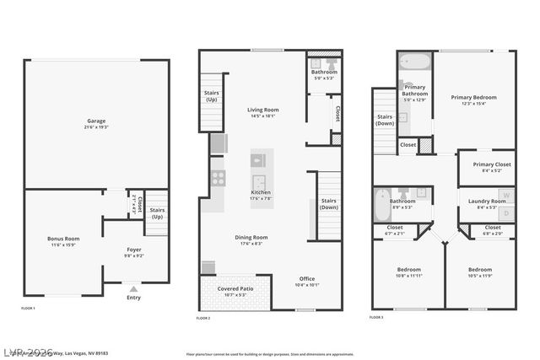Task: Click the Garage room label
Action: [x=96, y=122]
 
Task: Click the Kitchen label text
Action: [x=261, y=195]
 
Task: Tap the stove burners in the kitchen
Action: [x=218, y=178]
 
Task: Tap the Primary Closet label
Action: [x=486, y=166]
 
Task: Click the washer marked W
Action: [x=506, y=196]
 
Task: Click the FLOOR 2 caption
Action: [x=203, y=318]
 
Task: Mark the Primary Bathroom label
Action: [x=415, y=89]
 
